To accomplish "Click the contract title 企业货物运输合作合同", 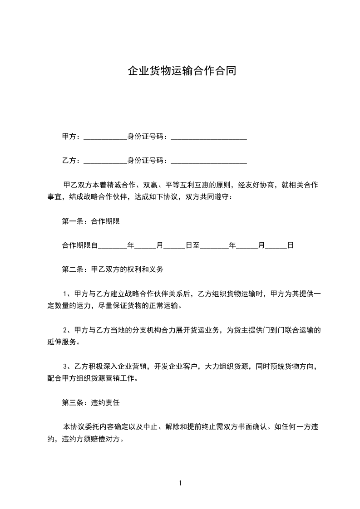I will pyautogui.click(x=182, y=71).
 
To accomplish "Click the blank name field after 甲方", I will pyautogui.click(x=105, y=137).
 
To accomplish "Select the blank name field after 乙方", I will pyautogui.click(x=105, y=161).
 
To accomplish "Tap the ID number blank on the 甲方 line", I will pyautogui.click(x=208, y=137).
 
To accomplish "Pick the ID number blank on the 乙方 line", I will pyautogui.click(x=208, y=161).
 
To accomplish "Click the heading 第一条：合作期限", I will pyautogui.click(x=91, y=222).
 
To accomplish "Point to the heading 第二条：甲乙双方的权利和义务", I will pyautogui.click(x=113, y=269).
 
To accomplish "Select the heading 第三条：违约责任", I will pyautogui.click(x=91, y=402).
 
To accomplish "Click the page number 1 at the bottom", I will pyautogui.click(x=180, y=483).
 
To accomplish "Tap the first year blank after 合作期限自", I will pyautogui.click(x=113, y=246).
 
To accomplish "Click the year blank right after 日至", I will pyautogui.click(x=214, y=246).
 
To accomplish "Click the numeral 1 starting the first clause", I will pyautogui.click(x=65, y=294).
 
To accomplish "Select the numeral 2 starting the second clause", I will pyautogui.click(x=65, y=330).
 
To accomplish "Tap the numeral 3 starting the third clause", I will pyautogui.click(x=65, y=367).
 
